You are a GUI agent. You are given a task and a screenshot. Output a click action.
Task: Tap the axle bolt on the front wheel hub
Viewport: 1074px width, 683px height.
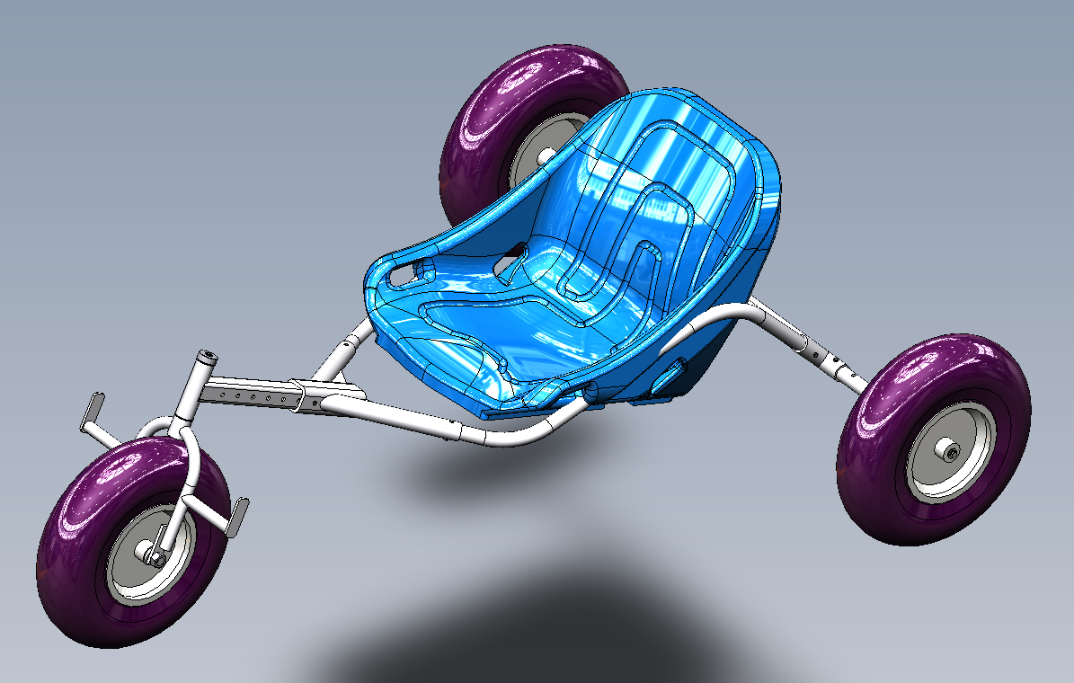154,558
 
